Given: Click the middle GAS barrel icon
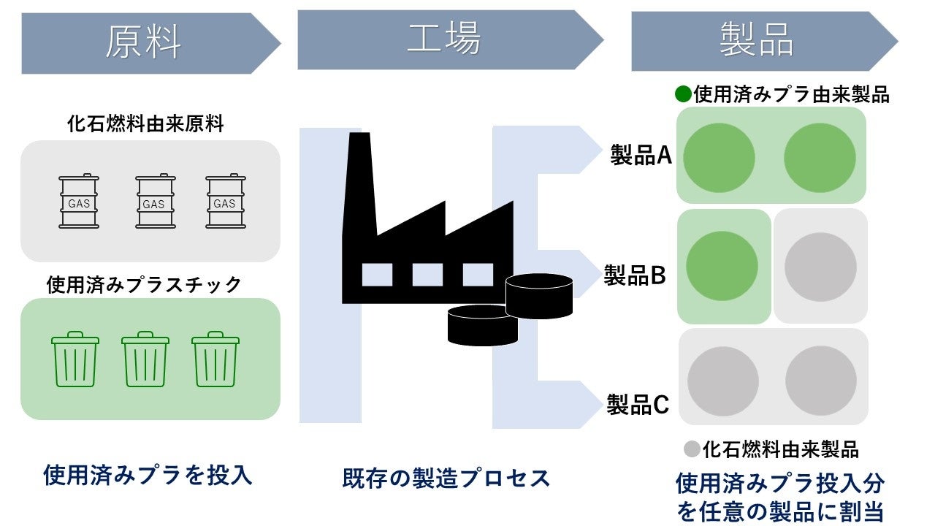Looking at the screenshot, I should tap(153, 202).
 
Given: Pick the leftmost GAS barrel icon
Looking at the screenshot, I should tap(79, 202).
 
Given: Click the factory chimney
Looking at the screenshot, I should tap(359, 183).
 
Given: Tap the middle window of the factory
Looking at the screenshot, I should tap(427, 275).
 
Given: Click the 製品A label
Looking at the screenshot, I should tap(641, 155).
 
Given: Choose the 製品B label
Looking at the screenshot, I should tap(634, 275).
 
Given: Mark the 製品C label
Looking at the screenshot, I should tap(637, 404).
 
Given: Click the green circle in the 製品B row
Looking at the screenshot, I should tap(722, 267).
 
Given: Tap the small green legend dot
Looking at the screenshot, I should tap(683, 94).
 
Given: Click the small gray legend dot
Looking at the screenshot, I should tap(692, 449).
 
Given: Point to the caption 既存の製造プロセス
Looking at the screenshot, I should tap(446, 479).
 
